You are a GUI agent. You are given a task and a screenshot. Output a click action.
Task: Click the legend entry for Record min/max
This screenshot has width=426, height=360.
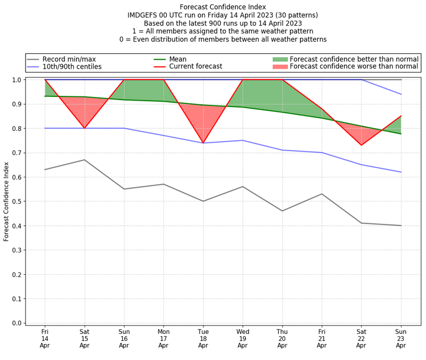coord(69,59)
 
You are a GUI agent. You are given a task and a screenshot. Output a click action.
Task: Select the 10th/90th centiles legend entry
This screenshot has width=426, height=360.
coord(72,67)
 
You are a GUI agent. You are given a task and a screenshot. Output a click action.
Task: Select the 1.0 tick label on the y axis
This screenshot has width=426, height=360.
coord(17,80)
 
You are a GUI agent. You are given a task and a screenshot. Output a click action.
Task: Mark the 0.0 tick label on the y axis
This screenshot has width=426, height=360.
coord(17,323)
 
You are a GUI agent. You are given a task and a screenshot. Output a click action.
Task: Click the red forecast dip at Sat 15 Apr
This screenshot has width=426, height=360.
coord(84,128)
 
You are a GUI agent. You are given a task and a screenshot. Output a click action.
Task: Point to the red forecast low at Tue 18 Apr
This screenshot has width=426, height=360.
coord(203,143)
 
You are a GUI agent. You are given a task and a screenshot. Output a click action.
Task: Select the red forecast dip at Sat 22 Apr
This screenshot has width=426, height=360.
coord(362,145)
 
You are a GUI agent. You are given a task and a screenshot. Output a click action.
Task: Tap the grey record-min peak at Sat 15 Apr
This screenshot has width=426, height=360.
coord(84,160)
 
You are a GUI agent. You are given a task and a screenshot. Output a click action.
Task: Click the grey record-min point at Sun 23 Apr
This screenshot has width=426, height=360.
coord(401,225)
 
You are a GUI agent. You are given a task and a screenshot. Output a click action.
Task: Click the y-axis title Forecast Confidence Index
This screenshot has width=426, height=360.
coord(6,201)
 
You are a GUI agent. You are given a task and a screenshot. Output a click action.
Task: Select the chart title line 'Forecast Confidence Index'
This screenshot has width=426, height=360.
coord(223,7)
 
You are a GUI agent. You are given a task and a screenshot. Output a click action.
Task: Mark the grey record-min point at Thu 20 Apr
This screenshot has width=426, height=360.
coord(282,211)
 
